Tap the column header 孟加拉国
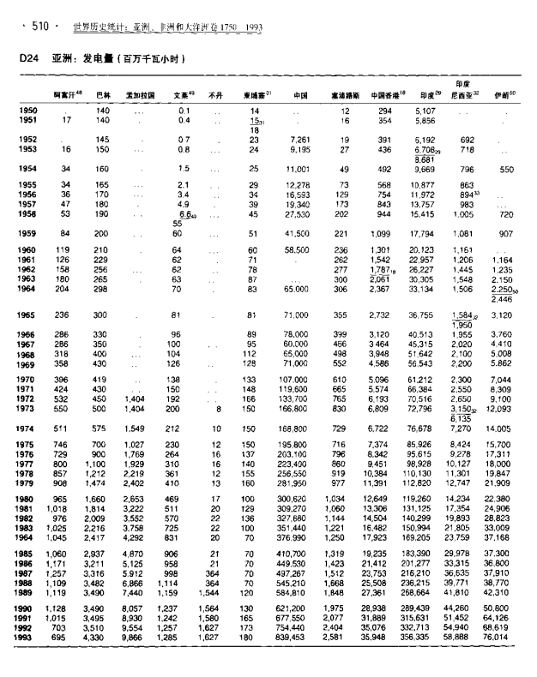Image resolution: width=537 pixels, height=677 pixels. click(x=140, y=95)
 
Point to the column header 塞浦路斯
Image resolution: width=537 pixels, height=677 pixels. click(x=345, y=95)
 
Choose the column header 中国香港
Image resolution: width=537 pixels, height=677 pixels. click(x=388, y=95)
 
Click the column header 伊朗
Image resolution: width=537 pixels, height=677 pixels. click(x=504, y=95)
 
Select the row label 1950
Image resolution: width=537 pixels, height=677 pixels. click(x=27, y=111)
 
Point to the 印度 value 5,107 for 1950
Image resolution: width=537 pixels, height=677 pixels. click(x=425, y=111)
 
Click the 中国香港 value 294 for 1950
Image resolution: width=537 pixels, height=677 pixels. click(x=384, y=111)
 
